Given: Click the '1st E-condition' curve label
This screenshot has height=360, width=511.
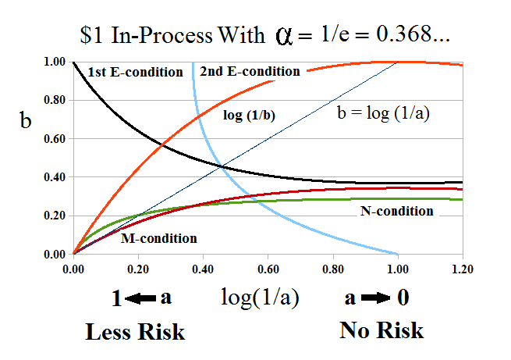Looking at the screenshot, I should [136, 73].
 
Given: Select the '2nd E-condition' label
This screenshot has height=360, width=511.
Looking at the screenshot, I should [250, 72].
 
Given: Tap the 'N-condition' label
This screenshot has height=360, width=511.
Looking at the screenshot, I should [397, 211].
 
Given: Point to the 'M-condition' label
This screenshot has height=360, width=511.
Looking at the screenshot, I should [158, 238].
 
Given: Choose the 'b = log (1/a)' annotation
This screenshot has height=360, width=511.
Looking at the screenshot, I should [384, 112].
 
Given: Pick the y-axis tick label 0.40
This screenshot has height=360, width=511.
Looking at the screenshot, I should [54, 177].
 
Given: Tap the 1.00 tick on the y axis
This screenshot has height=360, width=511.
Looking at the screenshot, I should [54, 62].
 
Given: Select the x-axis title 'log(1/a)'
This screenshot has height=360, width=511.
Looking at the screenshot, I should [259, 298].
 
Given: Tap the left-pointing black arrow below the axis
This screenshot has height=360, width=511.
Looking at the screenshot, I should [137, 299].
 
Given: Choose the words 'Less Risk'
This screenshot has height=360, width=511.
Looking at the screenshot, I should [135, 332].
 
